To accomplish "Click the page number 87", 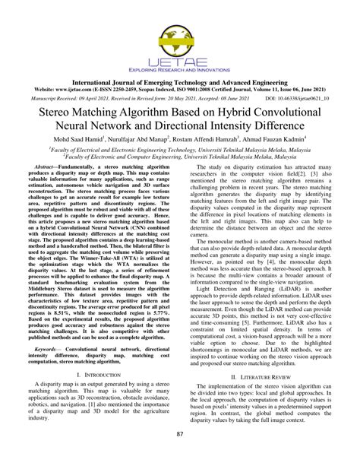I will tap(180, 455).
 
